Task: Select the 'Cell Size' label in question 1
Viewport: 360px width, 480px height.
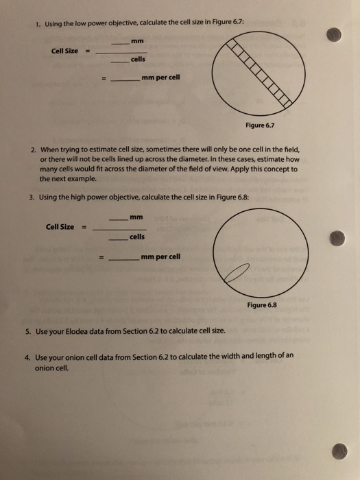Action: [64, 51]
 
